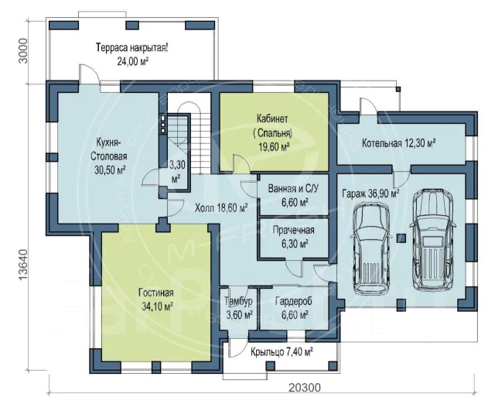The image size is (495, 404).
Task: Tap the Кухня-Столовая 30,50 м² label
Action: click(x=110, y=156)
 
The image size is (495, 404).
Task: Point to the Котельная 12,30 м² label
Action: click(x=399, y=143)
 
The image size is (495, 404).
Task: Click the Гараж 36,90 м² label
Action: click(x=370, y=193)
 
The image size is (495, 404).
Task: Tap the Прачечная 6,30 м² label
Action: click(x=294, y=236)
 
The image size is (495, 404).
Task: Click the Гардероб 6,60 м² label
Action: click(x=294, y=307)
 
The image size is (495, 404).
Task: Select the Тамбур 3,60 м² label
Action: click(x=239, y=307)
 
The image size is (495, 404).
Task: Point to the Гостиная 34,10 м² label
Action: click(x=156, y=300)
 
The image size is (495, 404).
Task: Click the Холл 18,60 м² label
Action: click(x=221, y=207)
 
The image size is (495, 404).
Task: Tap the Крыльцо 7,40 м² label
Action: click(x=282, y=351)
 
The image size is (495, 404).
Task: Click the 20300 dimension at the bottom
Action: click(x=304, y=387)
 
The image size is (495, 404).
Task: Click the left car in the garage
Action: click(x=371, y=249)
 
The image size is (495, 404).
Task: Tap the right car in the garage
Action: click(x=432, y=237)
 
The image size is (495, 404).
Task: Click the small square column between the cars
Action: click(x=401, y=238)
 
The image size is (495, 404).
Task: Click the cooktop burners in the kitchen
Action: click(x=163, y=124)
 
